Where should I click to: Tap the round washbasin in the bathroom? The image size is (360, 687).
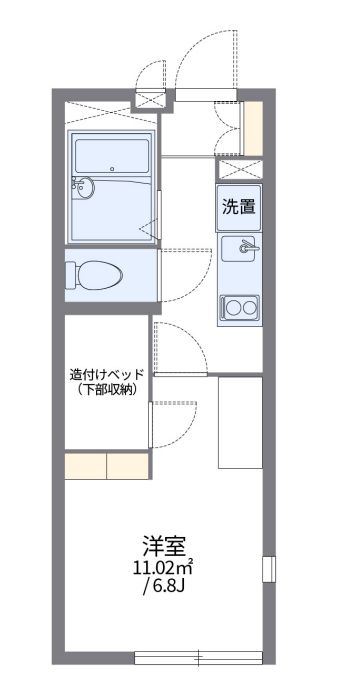(85, 186)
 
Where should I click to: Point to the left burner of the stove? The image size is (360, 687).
(230, 306)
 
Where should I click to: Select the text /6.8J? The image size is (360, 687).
(164, 587)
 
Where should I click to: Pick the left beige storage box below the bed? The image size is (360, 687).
(86, 465)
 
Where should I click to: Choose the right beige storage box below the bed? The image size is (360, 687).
(128, 465)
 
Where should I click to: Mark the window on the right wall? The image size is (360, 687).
(268, 568)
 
